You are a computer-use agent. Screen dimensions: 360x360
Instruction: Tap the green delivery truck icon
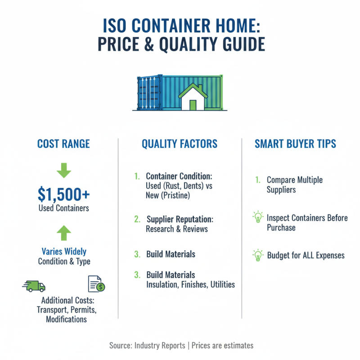click(34, 286)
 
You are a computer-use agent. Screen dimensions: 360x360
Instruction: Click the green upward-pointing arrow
click(64, 232)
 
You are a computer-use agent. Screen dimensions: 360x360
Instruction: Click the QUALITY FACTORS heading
click(180, 144)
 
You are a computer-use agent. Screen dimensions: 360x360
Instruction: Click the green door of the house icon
click(193, 105)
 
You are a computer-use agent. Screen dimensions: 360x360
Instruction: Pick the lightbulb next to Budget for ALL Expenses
click(258, 256)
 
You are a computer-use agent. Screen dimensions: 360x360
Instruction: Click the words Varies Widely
click(63, 252)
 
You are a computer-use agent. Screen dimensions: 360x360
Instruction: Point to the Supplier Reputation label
click(180, 219)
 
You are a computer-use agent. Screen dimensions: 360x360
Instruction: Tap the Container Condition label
click(179, 176)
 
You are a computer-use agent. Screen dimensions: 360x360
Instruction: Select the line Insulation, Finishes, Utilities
click(190, 284)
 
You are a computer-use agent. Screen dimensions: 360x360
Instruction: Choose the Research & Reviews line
click(177, 229)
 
